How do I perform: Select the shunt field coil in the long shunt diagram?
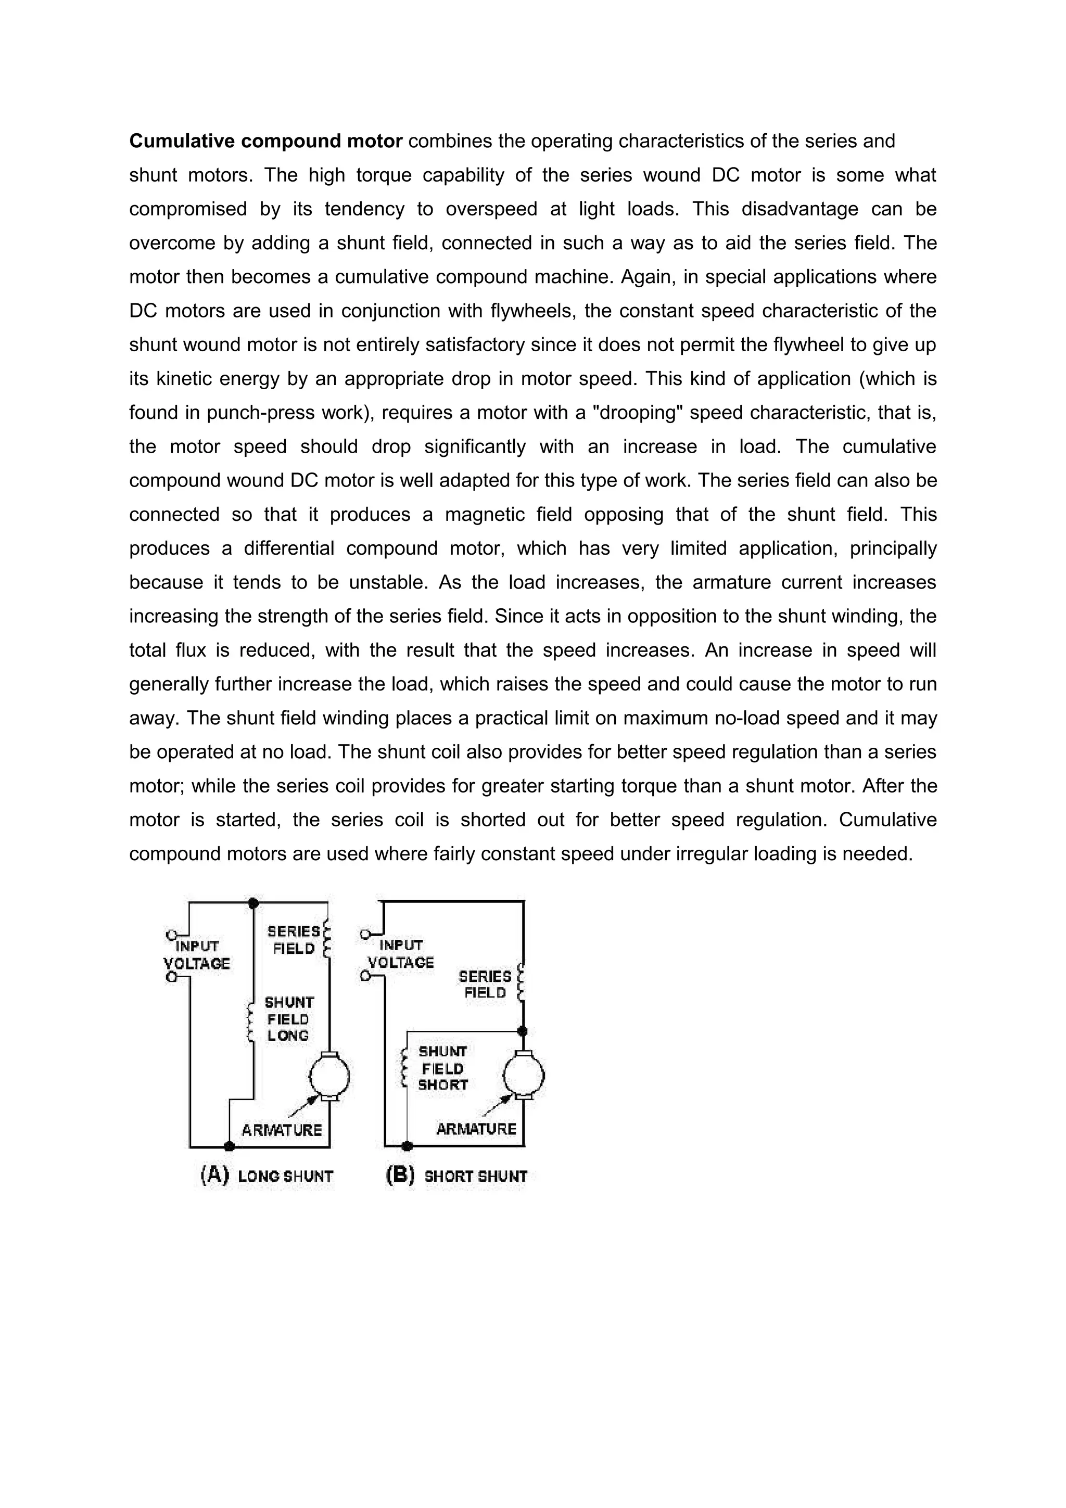[250, 1023]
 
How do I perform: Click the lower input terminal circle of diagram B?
[365, 977]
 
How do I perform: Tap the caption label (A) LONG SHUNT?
[266, 1175]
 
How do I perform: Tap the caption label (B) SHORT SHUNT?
[457, 1175]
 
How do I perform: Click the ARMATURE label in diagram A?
[282, 1130]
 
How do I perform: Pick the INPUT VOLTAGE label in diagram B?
[401, 954]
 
